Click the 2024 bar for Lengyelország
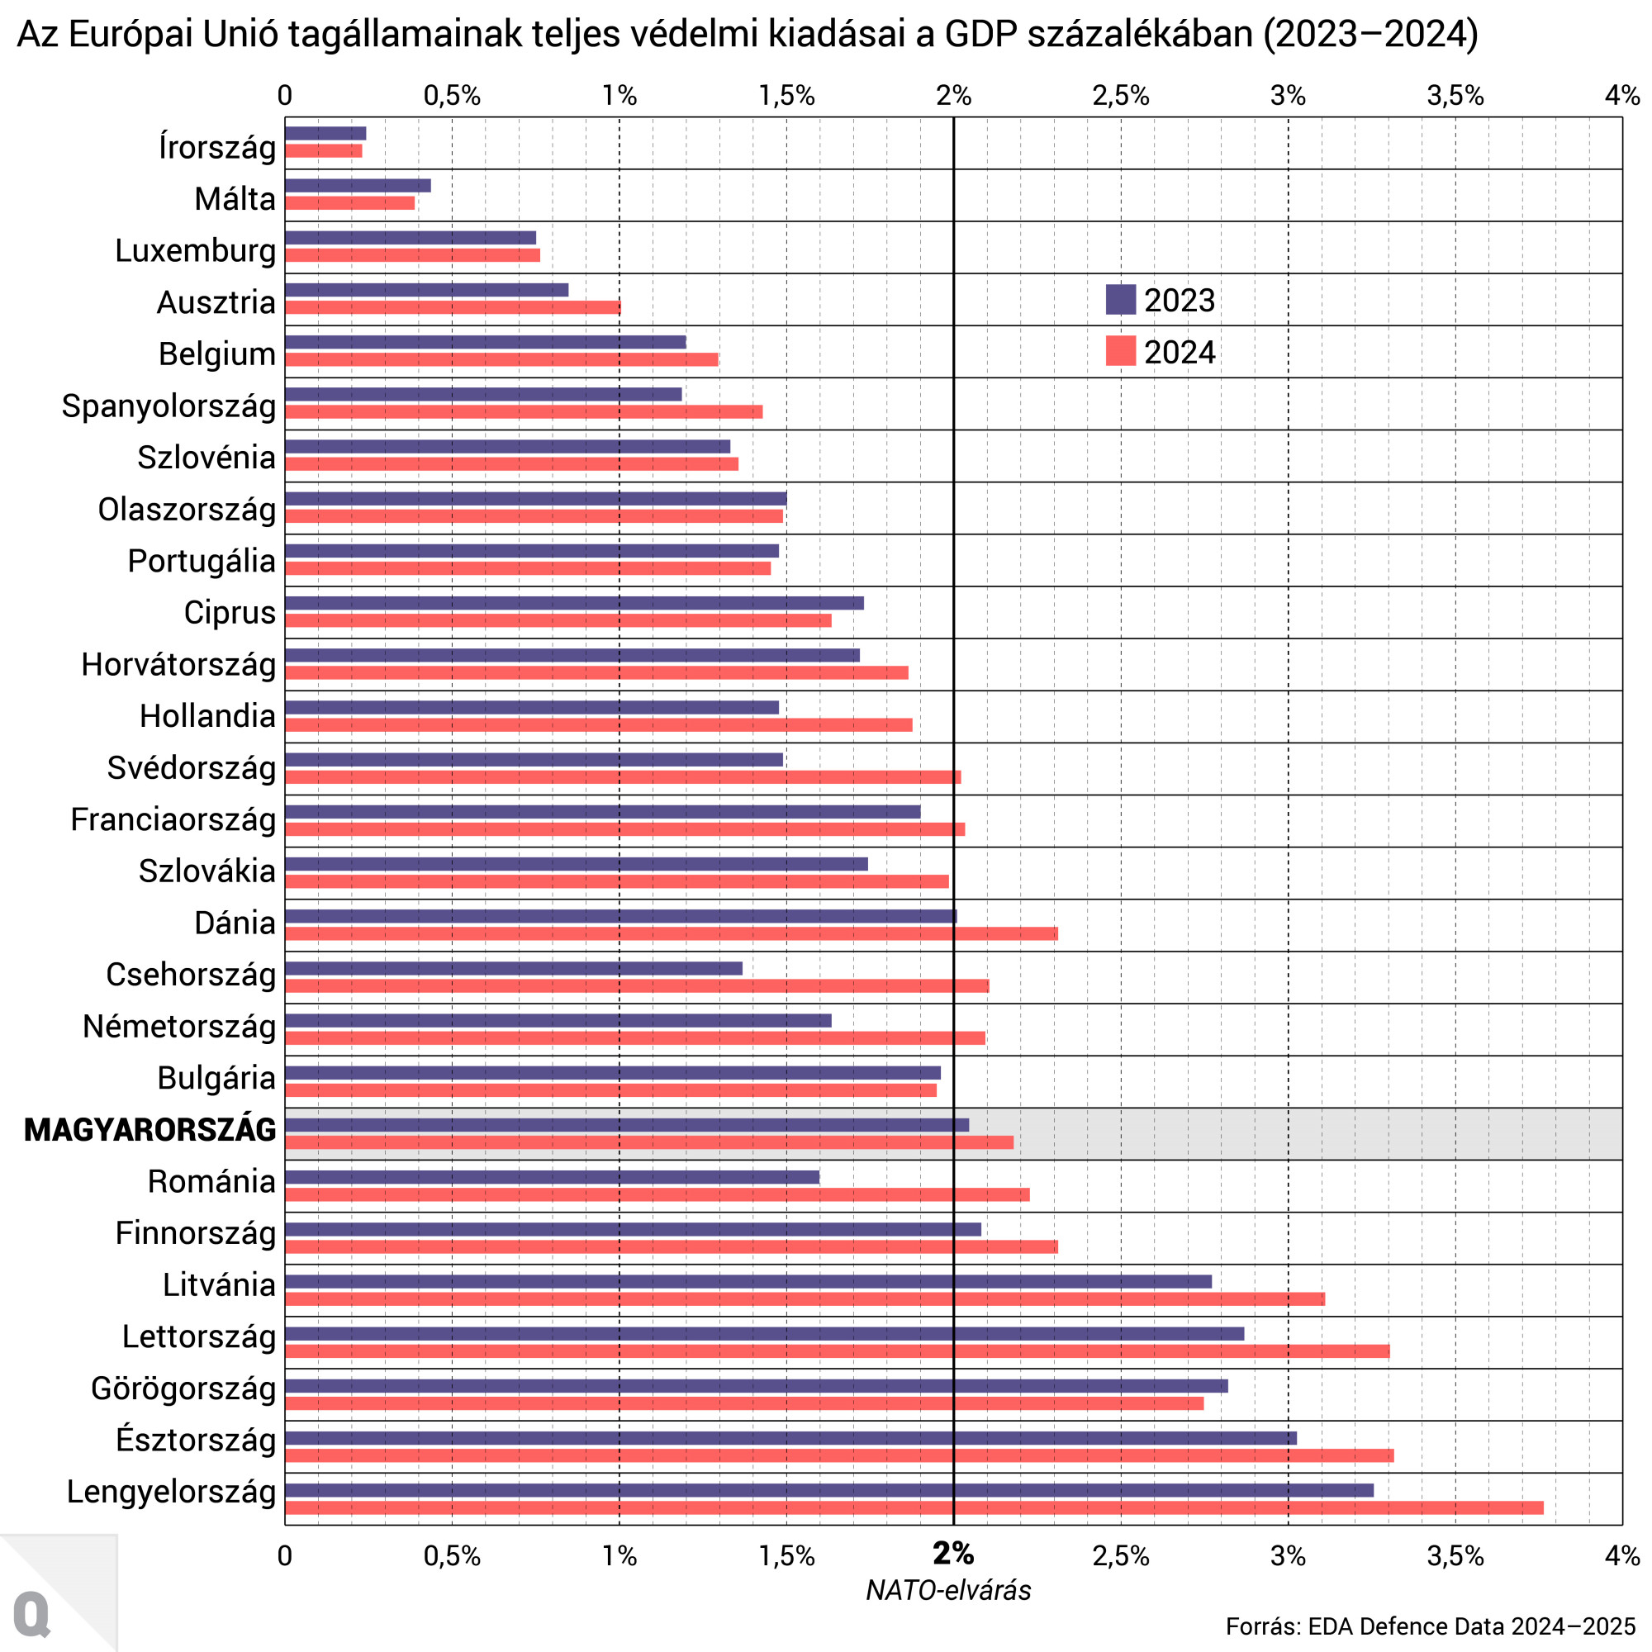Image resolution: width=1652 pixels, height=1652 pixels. [x=914, y=1507]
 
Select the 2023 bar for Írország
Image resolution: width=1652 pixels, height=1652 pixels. [x=325, y=133]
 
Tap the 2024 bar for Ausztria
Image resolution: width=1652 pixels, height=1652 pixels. [x=453, y=307]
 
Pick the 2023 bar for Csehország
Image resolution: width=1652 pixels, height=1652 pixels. [x=513, y=968]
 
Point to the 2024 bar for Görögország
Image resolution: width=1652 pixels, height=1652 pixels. [x=744, y=1403]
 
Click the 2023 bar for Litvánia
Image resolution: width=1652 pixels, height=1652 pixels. [x=748, y=1281]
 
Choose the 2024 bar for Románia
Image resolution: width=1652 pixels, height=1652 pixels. [x=657, y=1194]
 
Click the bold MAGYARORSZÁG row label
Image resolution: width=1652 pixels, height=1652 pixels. [x=150, y=1129]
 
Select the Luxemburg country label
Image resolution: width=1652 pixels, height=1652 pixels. [x=195, y=250]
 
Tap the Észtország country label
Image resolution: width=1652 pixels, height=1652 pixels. [x=196, y=1440]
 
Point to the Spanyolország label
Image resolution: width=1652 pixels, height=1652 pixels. [x=169, y=406]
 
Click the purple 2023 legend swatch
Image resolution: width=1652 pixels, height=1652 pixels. [x=1120, y=300]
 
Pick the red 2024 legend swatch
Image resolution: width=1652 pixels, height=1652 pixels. [x=1120, y=351]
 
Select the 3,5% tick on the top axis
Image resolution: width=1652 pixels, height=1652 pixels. [x=1455, y=96]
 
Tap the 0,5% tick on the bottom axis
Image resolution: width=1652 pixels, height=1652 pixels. [x=452, y=1555]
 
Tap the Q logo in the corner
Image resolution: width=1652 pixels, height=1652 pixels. [x=32, y=1613]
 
